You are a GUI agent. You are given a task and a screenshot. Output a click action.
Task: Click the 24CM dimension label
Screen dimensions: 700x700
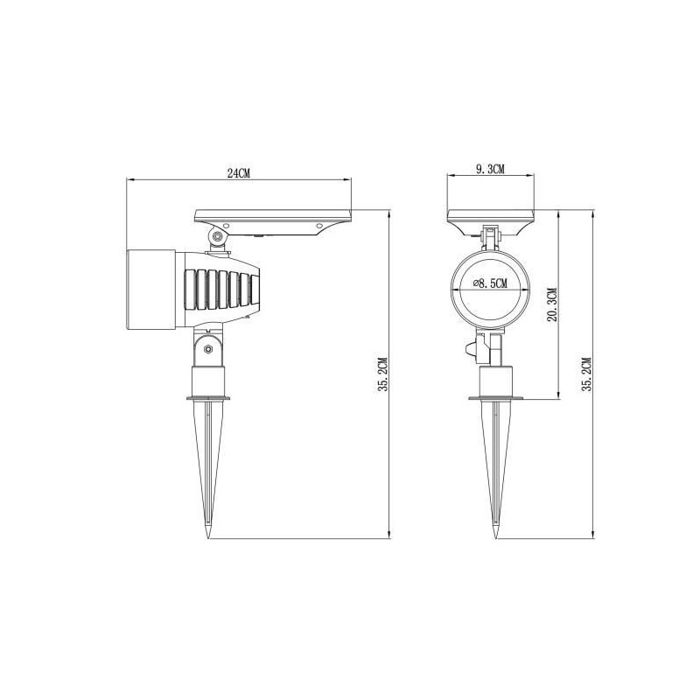(238, 173)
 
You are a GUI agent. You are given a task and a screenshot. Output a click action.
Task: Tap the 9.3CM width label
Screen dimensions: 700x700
(490, 169)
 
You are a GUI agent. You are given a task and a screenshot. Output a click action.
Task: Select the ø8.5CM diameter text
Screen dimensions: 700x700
(490, 283)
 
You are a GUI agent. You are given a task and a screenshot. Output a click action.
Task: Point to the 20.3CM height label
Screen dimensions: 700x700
(552, 304)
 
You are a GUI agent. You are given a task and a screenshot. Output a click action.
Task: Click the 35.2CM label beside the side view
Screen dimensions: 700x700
(383, 374)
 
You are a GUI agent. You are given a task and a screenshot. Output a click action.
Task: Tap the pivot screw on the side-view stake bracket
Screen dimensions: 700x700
(208, 348)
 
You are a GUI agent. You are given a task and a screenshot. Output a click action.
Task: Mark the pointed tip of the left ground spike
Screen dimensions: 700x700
(208, 538)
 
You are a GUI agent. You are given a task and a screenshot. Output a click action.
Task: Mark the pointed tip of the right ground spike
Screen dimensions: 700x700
(496, 538)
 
